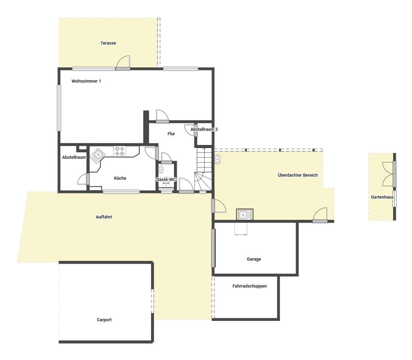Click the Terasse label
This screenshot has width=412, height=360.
[x=108, y=43]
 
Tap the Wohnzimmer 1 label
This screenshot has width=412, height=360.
[x=86, y=81]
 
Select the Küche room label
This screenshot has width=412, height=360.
[x=120, y=178]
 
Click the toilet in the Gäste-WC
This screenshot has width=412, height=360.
[x=161, y=170]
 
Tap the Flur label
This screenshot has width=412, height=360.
[x=171, y=134]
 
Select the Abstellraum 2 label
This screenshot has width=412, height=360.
[x=204, y=130]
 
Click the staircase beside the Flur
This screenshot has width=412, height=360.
[x=204, y=168]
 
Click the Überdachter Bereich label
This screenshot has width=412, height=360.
[x=298, y=175]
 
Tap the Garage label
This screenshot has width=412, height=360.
[x=254, y=259]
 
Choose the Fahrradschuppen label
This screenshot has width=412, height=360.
[x=250, y=286]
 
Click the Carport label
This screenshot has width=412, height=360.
[x=104, y=320]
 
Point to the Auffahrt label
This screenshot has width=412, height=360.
[x=104, y=217]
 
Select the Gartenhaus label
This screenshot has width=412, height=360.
[x=382, y=197]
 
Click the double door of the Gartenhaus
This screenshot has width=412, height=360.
[x=389, y=174]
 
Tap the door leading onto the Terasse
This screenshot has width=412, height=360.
[x=123, y=64]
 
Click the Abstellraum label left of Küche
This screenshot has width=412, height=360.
[x=74, y=157]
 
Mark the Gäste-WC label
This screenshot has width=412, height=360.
[x=166, y=180]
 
